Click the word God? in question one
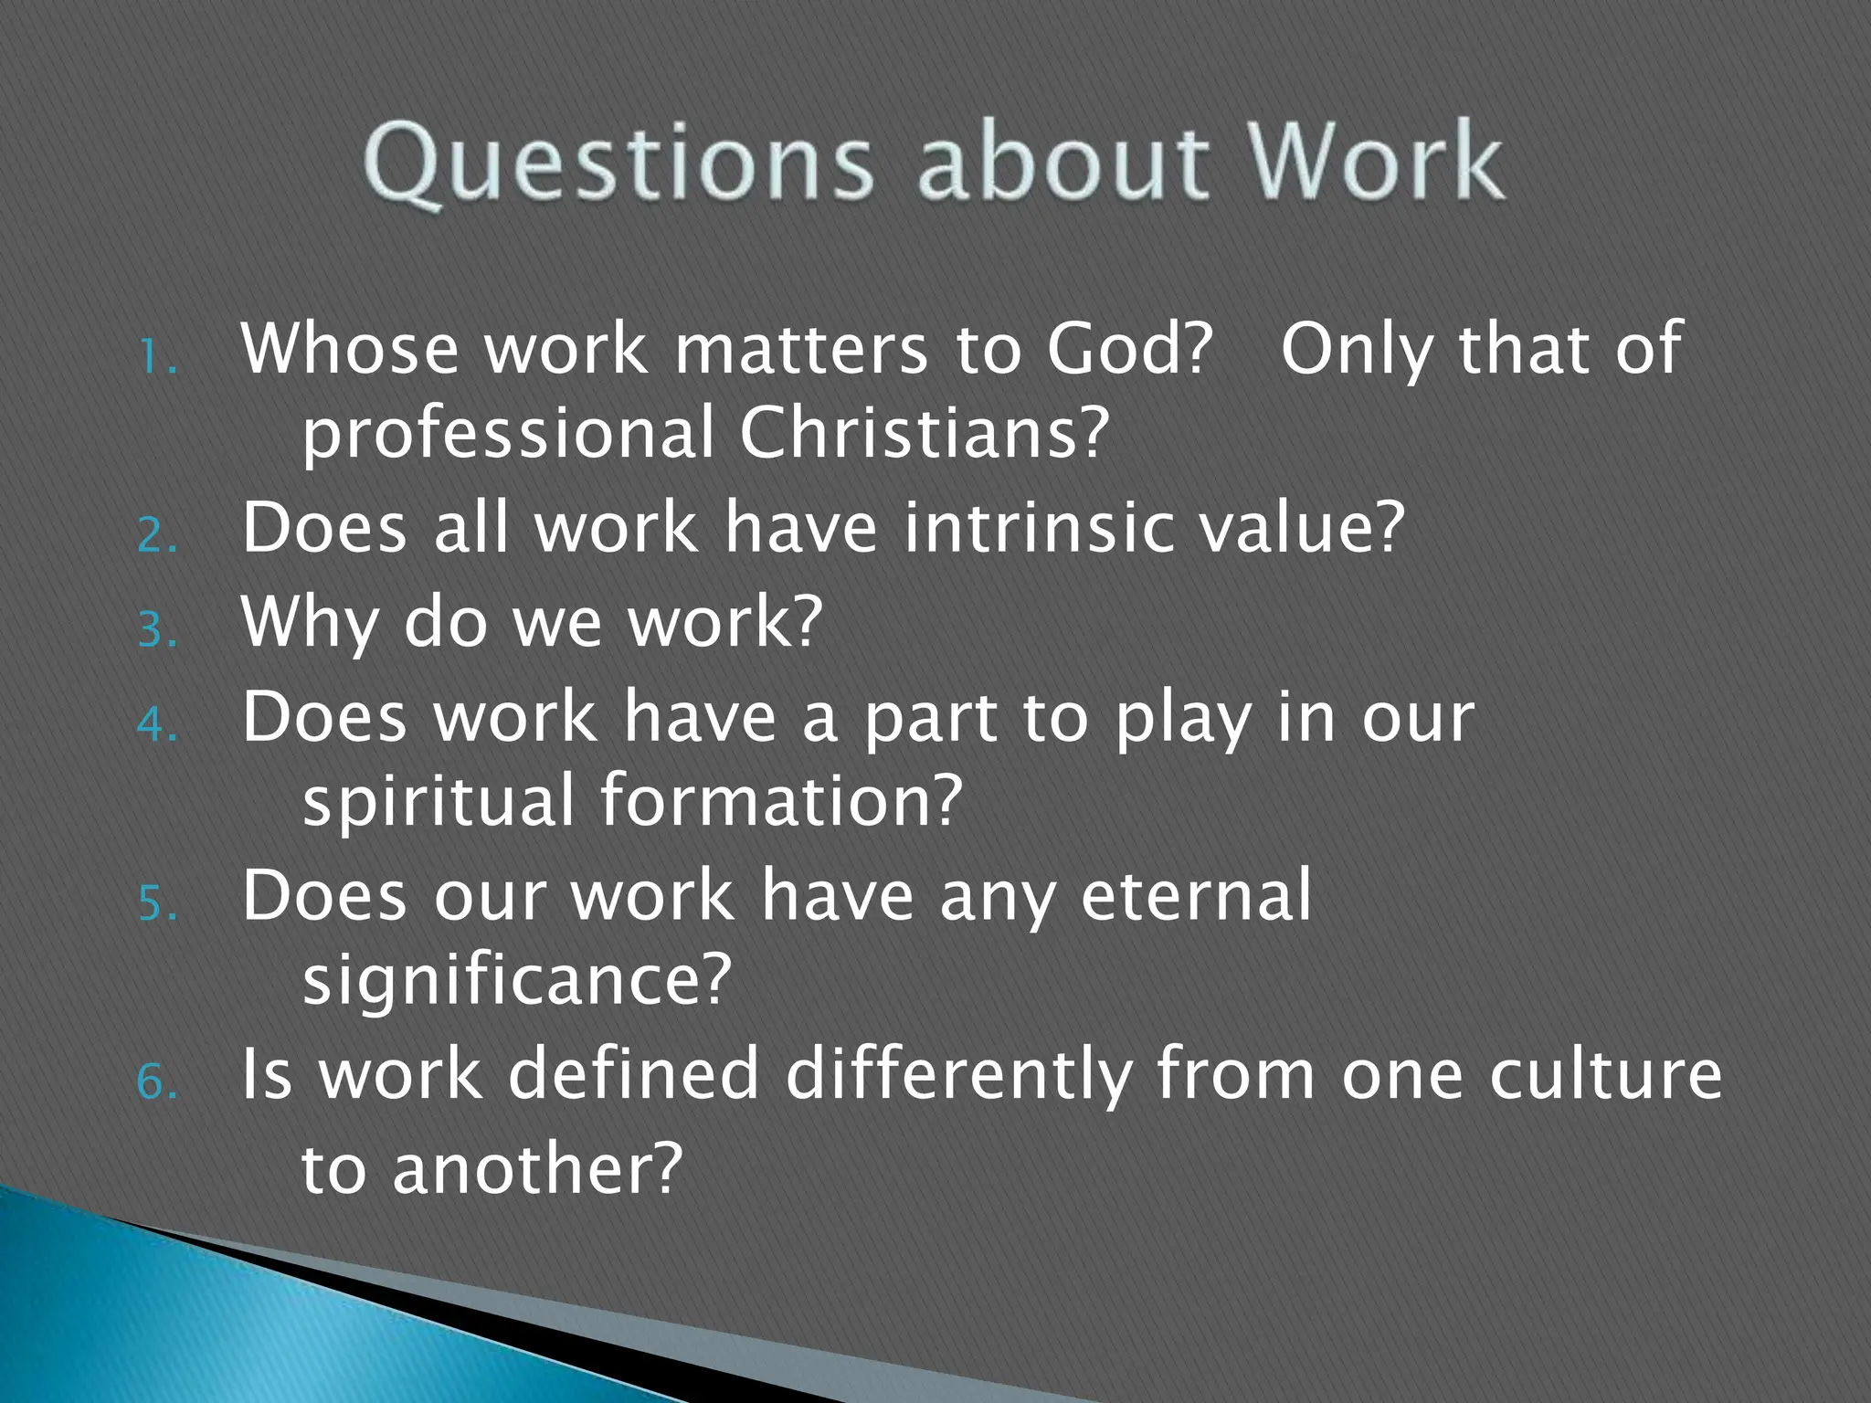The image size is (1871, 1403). (x=1129, y=349)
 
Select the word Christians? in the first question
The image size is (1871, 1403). (x=924, y=433)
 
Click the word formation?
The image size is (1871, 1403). (x=781, y=800)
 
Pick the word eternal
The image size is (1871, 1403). (x=1196, y=895)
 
